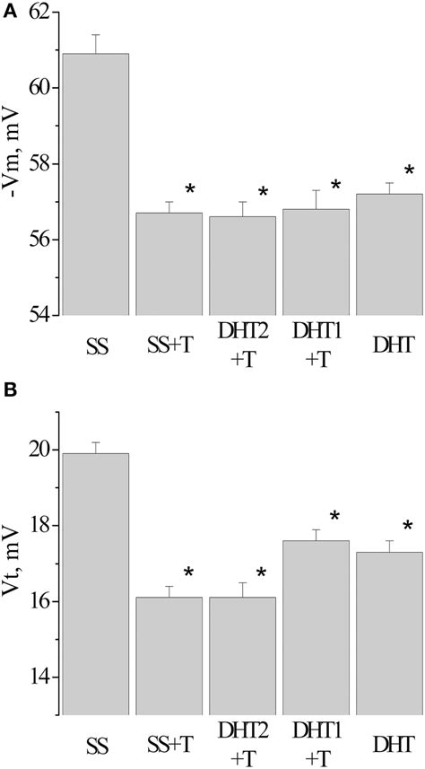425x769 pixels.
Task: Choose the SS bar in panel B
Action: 95,583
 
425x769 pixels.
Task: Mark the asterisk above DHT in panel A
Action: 410,171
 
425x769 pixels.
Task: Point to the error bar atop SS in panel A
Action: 95,44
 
